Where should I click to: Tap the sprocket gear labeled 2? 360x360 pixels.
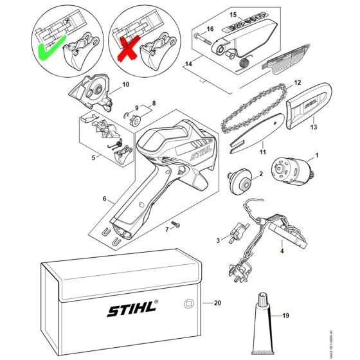242,179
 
